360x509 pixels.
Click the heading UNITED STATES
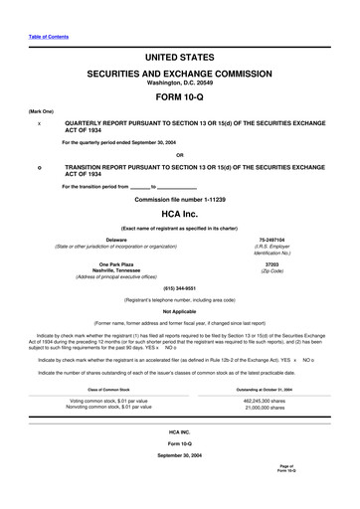coord(180,60)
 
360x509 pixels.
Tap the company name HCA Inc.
coord(180,214)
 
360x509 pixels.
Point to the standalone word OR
coord(180,154)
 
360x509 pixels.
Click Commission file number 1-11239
coord(180,199)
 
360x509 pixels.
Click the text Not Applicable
coord(180,311)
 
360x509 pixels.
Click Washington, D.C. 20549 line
coord(180,83)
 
